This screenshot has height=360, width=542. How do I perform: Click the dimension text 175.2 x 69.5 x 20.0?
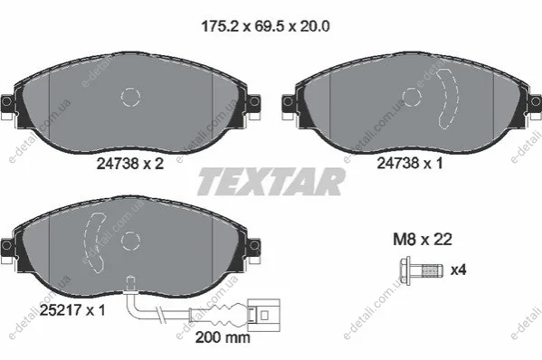(x=265, y=26)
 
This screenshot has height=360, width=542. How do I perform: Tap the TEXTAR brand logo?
(x=271, y=182)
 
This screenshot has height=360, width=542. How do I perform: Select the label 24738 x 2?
(x=130, y=164)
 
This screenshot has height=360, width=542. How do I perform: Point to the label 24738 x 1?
(x=410, y=163)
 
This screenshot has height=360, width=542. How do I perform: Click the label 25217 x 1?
(x=72, y=310)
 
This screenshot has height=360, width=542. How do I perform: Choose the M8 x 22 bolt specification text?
(x=423, y=240)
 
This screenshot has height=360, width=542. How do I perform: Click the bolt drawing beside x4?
(x=422, y=270)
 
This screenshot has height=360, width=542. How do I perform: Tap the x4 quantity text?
(x=459, y=270)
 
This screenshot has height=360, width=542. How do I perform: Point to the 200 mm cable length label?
(x=223, y=337)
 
